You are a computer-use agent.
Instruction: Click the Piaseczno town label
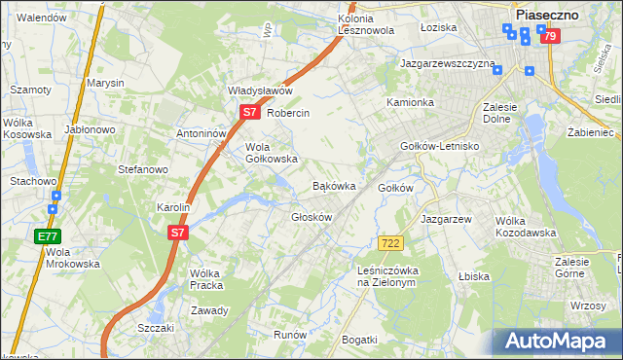(548, 15)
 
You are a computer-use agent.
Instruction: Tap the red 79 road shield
(551, 37)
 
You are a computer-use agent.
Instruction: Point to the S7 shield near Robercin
(249, 112)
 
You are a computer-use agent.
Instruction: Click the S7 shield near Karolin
(176, 234)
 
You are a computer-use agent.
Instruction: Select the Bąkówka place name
(333, 185)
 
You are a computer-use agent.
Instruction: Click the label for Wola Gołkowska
(271, 152)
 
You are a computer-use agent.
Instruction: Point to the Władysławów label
(260, 90)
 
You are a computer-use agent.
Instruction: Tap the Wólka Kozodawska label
(525, 227)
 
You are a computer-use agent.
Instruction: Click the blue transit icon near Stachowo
(55, 197)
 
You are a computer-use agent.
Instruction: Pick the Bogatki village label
(359, 339)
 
